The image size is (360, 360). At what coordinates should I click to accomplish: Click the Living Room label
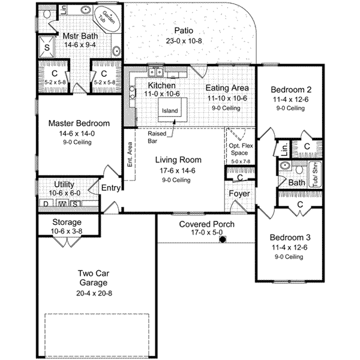pos(178,160)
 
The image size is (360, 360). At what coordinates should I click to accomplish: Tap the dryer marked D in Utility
pos(44,203)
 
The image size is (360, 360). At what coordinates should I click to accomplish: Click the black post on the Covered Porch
pos(222,240)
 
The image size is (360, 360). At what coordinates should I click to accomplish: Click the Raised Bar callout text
pos(157,139)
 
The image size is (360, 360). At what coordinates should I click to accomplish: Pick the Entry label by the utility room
pos(111,188)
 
